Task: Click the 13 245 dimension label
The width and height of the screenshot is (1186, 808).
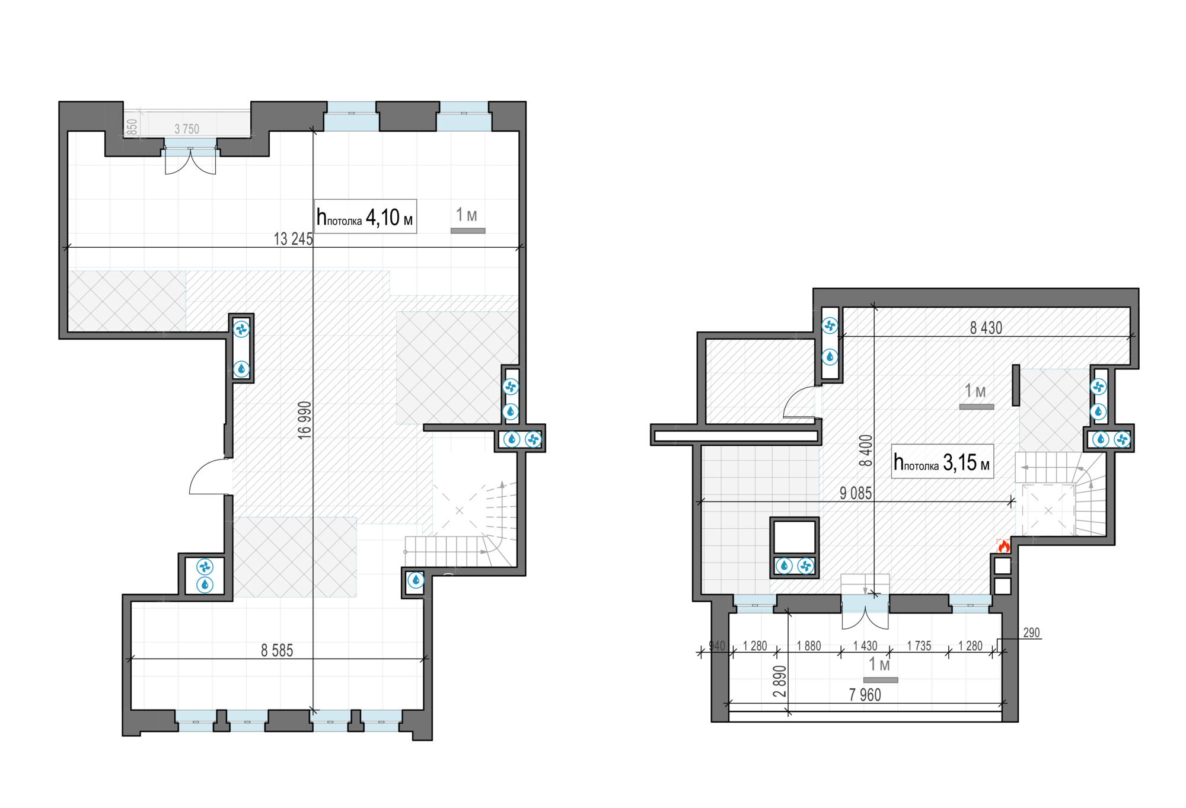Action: (x=293, y=239)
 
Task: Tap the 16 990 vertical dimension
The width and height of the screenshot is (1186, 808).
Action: (x=304, y=420)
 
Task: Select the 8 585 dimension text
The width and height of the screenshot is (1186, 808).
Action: (x=277, y=650)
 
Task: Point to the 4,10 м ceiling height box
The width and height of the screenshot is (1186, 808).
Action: (x=365, y=216)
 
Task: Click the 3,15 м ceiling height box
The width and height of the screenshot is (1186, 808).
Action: (x=942, y=461)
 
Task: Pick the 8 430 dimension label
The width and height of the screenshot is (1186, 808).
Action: (x=986, y=328)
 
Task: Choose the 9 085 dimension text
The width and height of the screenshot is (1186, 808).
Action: (x=856, y=493)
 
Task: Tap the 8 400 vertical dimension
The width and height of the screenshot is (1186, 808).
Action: (x=866, y=451)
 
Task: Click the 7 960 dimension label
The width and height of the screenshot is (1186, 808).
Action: (x=865, y=695)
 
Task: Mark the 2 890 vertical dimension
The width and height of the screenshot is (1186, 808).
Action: (x=780, y=681)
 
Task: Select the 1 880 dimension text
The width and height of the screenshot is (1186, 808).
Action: (x=809, y=646)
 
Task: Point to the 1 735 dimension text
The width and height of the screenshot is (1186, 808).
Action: (x=919, y=646)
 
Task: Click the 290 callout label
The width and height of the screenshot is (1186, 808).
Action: (x=1032, y=633)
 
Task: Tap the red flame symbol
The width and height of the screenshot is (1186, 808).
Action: (x=1003, y=545)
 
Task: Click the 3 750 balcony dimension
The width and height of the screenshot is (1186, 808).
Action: (x=187, y=129)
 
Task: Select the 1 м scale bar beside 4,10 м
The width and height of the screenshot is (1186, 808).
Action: (x=468, y=231)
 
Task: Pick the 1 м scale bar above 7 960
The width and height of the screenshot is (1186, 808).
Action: (x=881, y=680)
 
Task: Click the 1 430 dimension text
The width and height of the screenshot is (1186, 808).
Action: (x=865, y=646)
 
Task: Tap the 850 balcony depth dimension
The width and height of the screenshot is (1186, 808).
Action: (x=132, y=127)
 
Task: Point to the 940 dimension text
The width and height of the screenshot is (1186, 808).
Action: (x=717, y=646)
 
